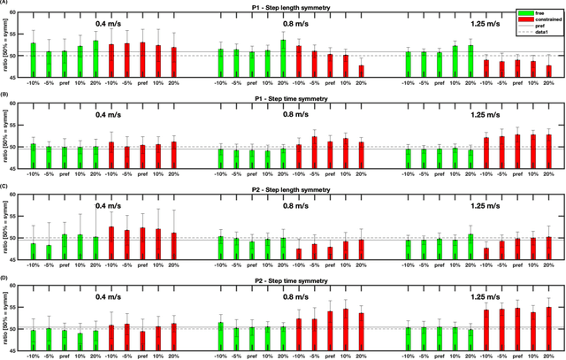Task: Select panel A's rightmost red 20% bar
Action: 548,72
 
